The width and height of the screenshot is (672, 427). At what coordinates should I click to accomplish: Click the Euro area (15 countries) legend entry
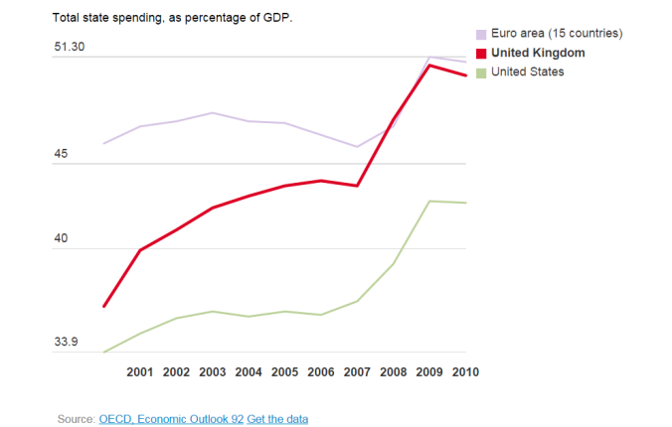click(552, 34)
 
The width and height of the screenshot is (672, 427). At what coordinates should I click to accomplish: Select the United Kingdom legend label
click(538, 53)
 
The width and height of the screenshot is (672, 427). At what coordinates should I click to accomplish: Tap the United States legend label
click(527, 71)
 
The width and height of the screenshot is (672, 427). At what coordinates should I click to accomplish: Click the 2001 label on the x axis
click(140, 372)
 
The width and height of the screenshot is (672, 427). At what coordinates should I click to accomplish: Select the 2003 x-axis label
click(212, 372)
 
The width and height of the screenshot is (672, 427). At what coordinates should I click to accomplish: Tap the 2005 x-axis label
click(284, 372)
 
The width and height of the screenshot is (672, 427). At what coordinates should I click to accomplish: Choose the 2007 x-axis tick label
click(357, 372)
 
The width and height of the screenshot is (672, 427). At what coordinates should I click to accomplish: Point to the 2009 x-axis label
click(429, 372)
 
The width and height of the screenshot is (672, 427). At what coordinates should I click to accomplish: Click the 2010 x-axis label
click(465, 372)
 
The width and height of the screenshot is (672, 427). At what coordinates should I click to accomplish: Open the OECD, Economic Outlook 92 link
click(171, 419)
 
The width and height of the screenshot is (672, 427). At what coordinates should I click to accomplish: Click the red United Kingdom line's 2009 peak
click(429, 66)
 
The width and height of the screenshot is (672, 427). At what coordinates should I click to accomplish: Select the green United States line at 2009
click(429, 201)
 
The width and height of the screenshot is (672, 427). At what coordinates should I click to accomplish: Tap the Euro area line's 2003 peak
click(212, 113)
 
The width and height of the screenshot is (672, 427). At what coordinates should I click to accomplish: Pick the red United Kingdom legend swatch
click(482, 53)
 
